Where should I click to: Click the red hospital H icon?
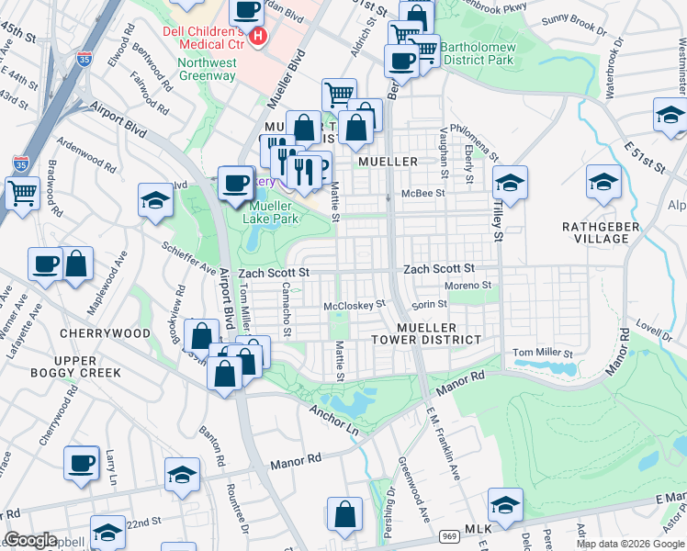pos(258,37)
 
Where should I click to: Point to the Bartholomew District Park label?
pos(476,54)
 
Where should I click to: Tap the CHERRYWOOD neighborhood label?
pos(105,332)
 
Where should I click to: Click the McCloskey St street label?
pos(354,304)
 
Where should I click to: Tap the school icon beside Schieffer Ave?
pos(156,200)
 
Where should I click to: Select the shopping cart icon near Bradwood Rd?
pos(23,193)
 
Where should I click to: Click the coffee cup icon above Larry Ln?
pos(81,462)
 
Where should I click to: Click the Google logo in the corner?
pos(30,540)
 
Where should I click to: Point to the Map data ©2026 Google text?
pos(629,544)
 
